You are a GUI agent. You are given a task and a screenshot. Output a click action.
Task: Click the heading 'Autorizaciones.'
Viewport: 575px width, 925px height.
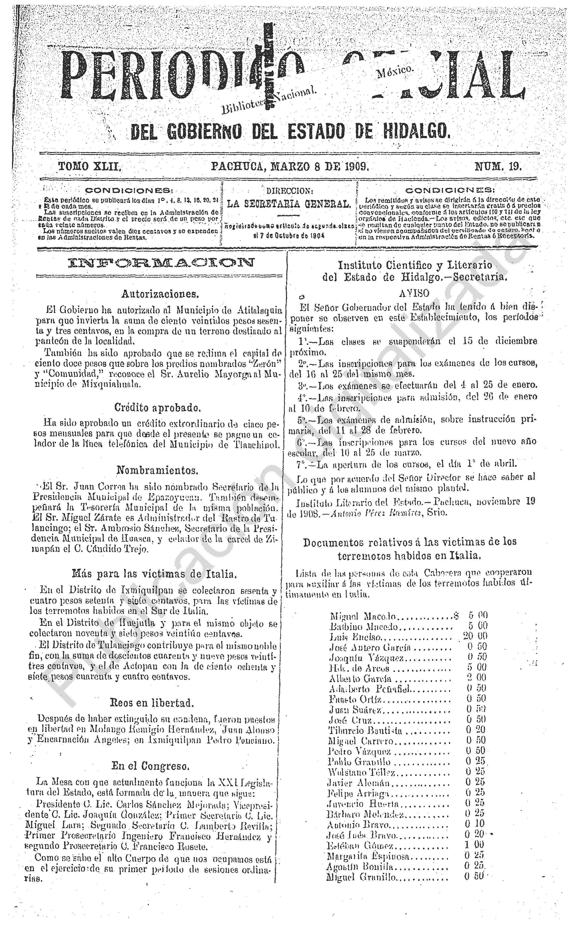click(x=160, y=293)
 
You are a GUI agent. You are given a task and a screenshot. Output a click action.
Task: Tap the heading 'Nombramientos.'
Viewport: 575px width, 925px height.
click(x=157, y=471)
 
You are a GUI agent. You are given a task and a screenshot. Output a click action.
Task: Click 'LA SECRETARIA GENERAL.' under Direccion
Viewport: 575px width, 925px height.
click(x=289, y=204)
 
